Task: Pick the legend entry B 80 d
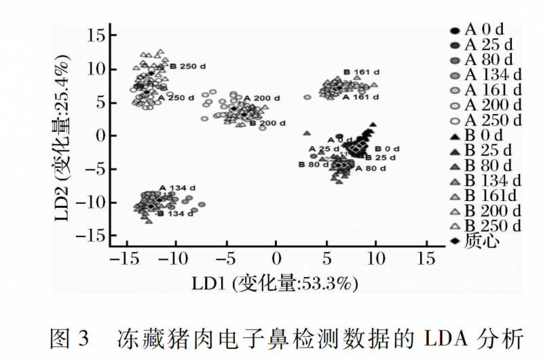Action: pyautogui.click(x=487, y=166)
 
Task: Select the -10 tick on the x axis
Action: pyautogui.click(x=175, y=259)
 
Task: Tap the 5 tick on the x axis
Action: pyautogui.click(x=325, y=259)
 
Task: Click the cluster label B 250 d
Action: pyautogui.click(x=187, y=67)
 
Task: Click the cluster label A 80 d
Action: pyautogui.click(x=371, y=168)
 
